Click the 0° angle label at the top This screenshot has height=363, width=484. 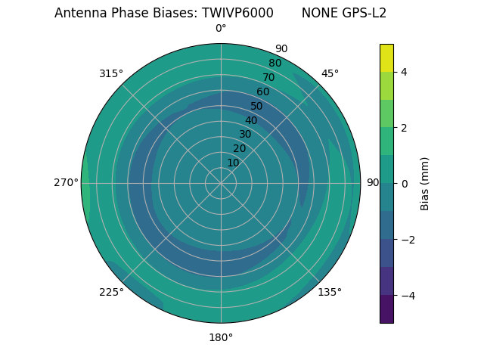[221, 29]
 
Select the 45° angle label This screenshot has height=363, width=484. [330, 73]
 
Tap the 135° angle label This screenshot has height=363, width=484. [330, 292]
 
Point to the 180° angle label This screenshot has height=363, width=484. [221, 337]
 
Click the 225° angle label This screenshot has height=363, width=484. [111, 292]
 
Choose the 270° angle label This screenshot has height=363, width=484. [66, 182]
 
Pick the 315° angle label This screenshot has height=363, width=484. [111, 73]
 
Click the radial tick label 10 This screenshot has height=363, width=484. [233, 163]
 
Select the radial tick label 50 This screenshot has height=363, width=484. [257, 106]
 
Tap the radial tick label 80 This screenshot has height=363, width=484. [275, 63]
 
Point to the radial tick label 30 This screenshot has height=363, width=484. [245, 134]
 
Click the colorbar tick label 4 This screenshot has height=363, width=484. [404, 72]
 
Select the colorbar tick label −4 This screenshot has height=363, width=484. [407, 295]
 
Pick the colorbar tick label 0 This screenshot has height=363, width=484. [404, 184]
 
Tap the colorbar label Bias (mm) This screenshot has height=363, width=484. [425, 183]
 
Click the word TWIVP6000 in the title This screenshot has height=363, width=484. [237, 13]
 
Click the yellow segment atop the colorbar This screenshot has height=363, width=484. [386, 57]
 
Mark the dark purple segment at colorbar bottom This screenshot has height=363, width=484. [386, 309]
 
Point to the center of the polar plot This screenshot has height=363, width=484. [221, 183]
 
